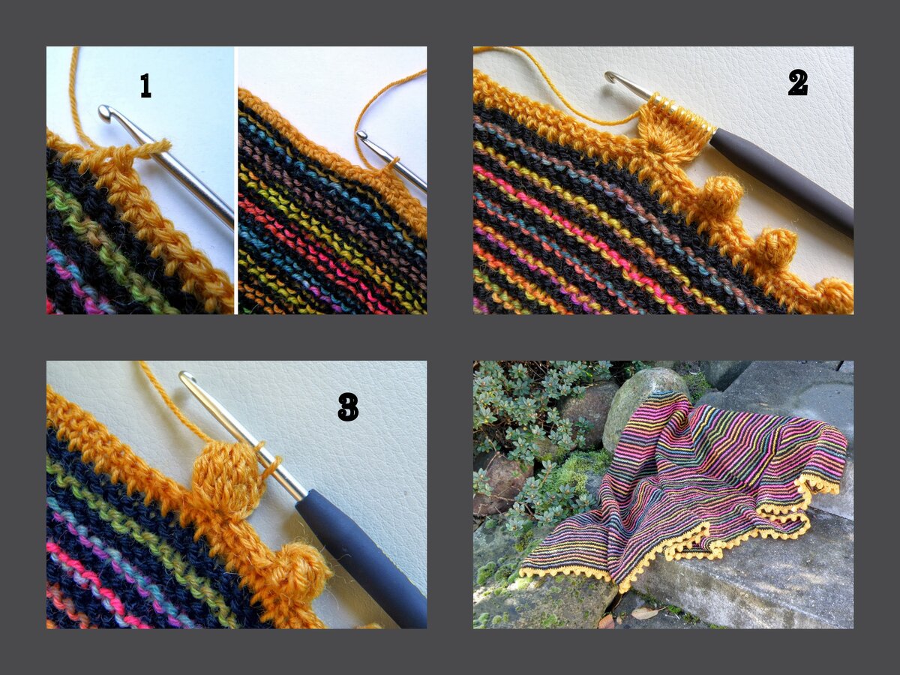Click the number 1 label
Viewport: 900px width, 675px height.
145,85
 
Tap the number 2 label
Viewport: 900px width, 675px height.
798,82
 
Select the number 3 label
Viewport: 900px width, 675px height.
348,407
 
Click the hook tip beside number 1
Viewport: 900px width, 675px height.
105,112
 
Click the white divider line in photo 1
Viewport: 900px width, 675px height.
235,180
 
